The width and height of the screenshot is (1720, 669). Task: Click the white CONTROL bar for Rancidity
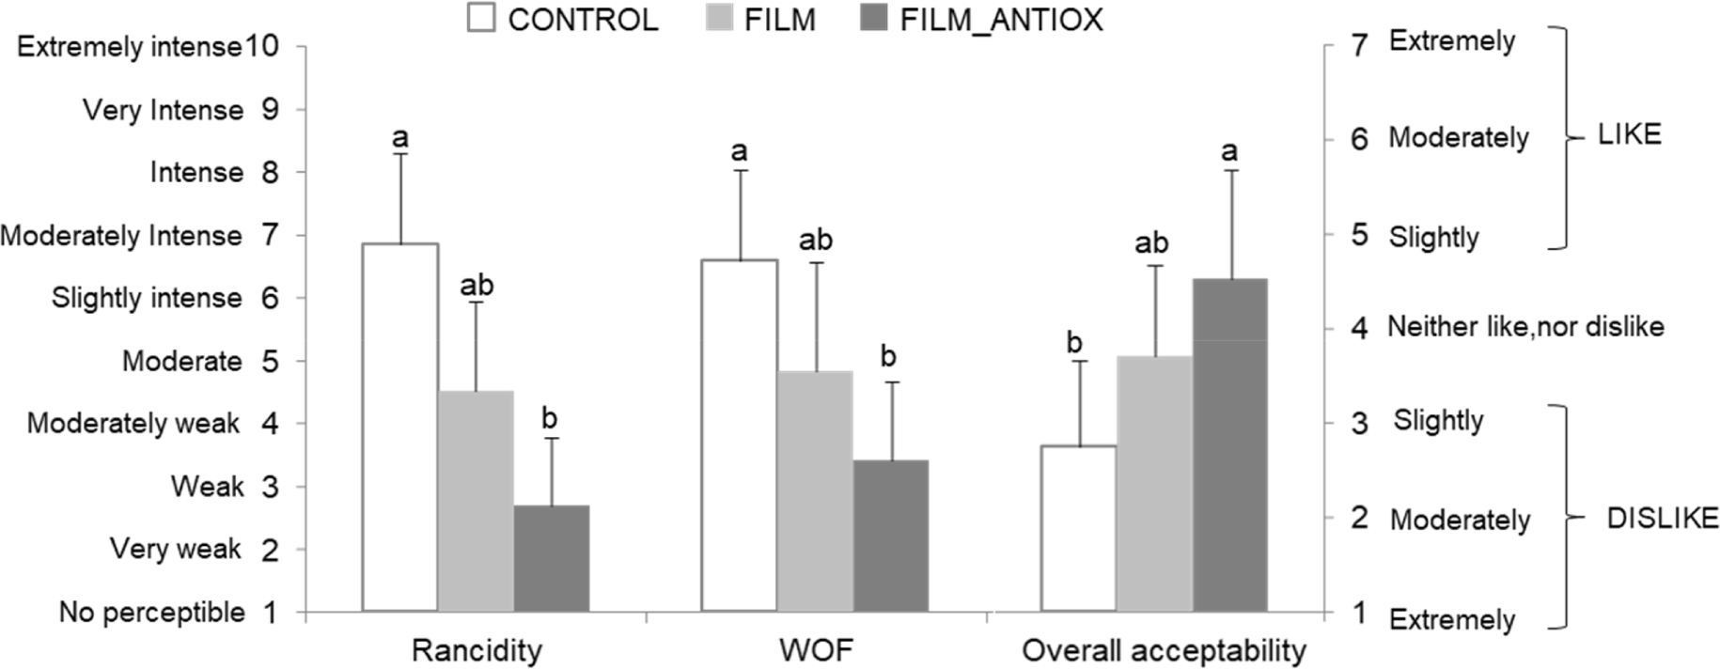tap(400, 428)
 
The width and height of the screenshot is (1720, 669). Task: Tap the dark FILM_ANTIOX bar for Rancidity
tap(552, 558)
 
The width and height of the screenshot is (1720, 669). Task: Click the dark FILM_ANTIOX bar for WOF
tap(891, 536)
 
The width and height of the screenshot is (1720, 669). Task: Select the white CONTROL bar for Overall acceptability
tap(1078, 528)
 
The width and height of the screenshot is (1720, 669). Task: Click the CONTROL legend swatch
tap(480, 19)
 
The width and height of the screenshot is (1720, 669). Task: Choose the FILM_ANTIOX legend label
tap(1001, 20)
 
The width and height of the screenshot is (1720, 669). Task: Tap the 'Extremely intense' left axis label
tap(130, 47)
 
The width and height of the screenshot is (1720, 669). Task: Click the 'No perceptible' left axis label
tap(152, 613)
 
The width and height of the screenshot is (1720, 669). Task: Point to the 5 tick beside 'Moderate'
tap(270, 362)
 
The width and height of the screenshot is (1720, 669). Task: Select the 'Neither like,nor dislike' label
tap(1525, 327)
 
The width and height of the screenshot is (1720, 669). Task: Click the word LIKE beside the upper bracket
tap(1630, 135)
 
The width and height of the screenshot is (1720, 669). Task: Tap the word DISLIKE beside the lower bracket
tap(1662, 518)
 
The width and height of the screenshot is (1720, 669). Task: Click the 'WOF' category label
tap(816, 650)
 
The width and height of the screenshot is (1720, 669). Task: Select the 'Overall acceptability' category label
tap(1164, 650)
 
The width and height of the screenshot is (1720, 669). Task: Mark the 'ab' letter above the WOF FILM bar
tap(816, 241)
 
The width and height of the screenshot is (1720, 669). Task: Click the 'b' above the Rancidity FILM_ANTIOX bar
tap(550, 418)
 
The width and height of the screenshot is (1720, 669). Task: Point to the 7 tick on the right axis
tap(1359, 43)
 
